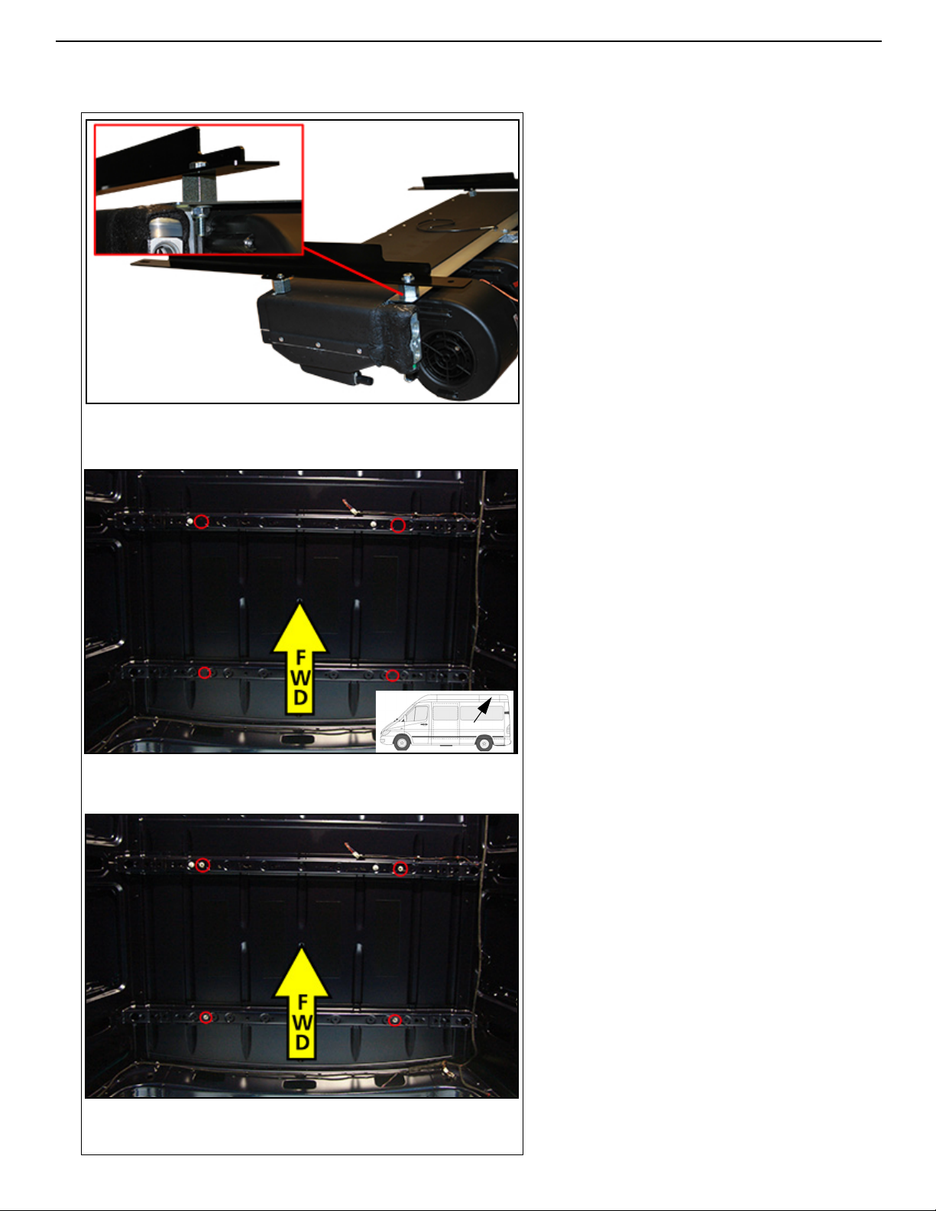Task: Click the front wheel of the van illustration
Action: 402,742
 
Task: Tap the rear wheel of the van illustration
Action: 484,743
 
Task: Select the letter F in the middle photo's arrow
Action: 301,658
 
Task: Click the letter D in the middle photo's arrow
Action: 300,697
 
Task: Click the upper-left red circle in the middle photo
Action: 202,522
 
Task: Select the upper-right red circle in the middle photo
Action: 397,525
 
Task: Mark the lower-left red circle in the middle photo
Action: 205,672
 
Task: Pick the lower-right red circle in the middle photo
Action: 393,675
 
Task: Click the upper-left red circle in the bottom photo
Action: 204,865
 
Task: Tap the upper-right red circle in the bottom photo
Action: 400,869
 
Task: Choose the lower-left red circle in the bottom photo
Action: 206,1017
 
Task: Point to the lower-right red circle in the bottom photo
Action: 395,1021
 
